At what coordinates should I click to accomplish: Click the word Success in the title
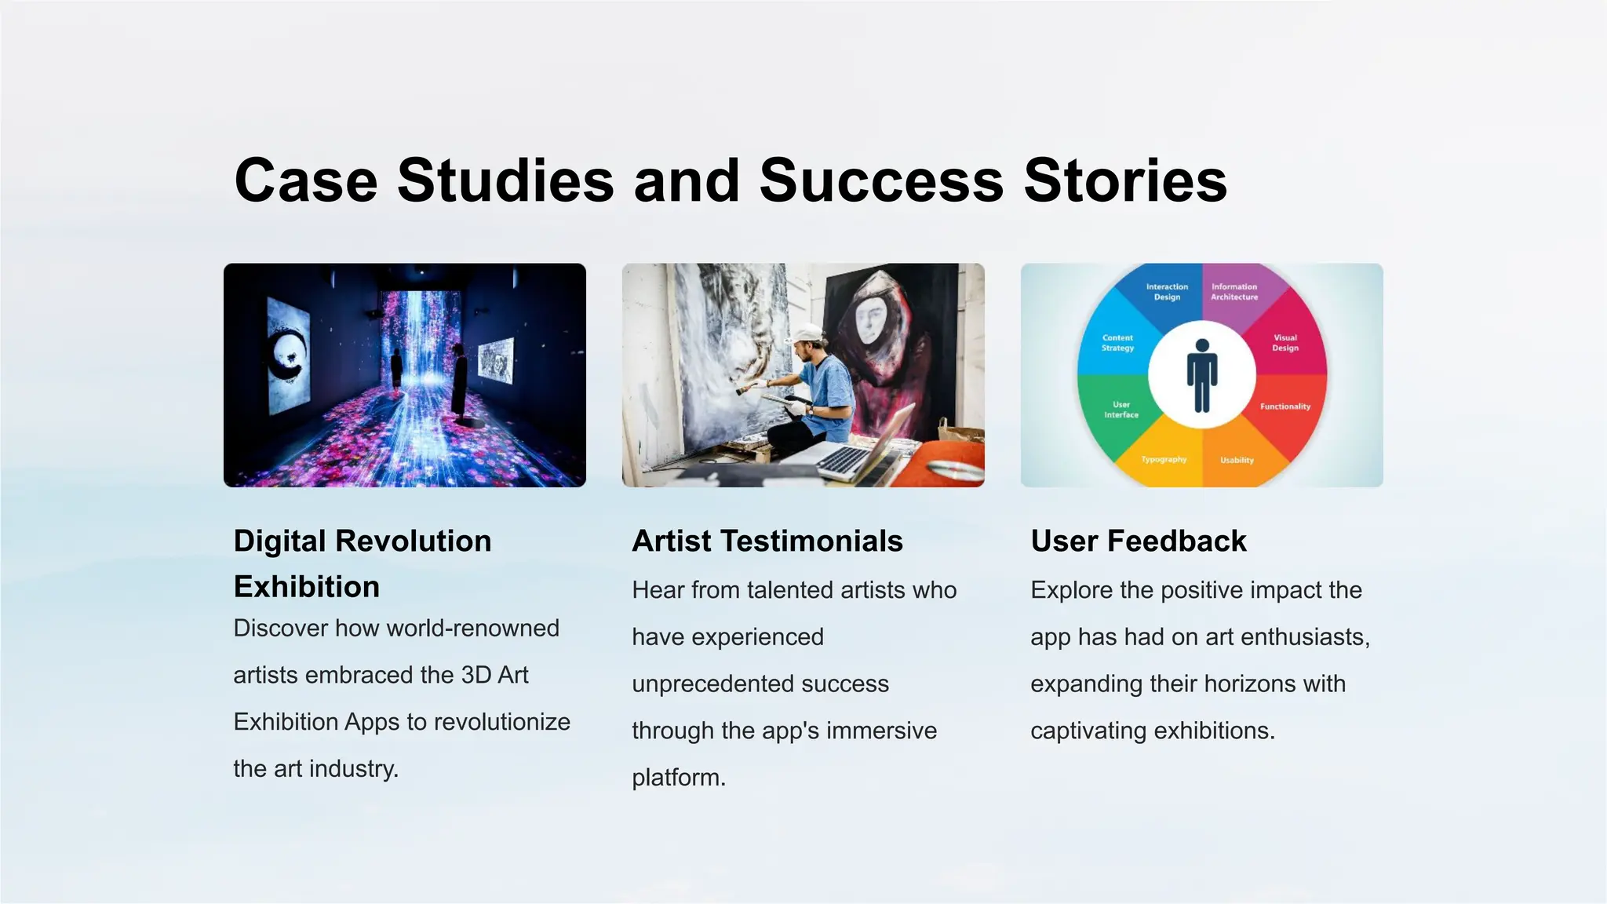(881, 180)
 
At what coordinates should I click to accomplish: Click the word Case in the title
(306, 180)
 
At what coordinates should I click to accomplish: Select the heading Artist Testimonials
(767, 541)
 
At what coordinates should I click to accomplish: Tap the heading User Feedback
(1138, 541)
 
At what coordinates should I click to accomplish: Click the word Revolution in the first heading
(413, 541)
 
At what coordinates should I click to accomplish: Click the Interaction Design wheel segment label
(1167, 292)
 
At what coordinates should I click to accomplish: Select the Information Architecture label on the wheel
(1234, 292)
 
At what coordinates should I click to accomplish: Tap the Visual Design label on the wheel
(1285, 343)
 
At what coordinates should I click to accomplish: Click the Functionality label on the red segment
(1285, 406)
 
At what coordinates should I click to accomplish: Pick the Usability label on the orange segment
(1237, 461)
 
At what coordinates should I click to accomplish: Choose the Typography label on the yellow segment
(1164, 460)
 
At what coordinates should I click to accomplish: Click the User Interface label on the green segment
(1121, 410)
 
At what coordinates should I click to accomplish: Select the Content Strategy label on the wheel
(1117, 343)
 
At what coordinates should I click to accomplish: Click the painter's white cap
(806, 334)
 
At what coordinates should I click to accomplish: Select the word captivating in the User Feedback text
(1088, 731)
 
